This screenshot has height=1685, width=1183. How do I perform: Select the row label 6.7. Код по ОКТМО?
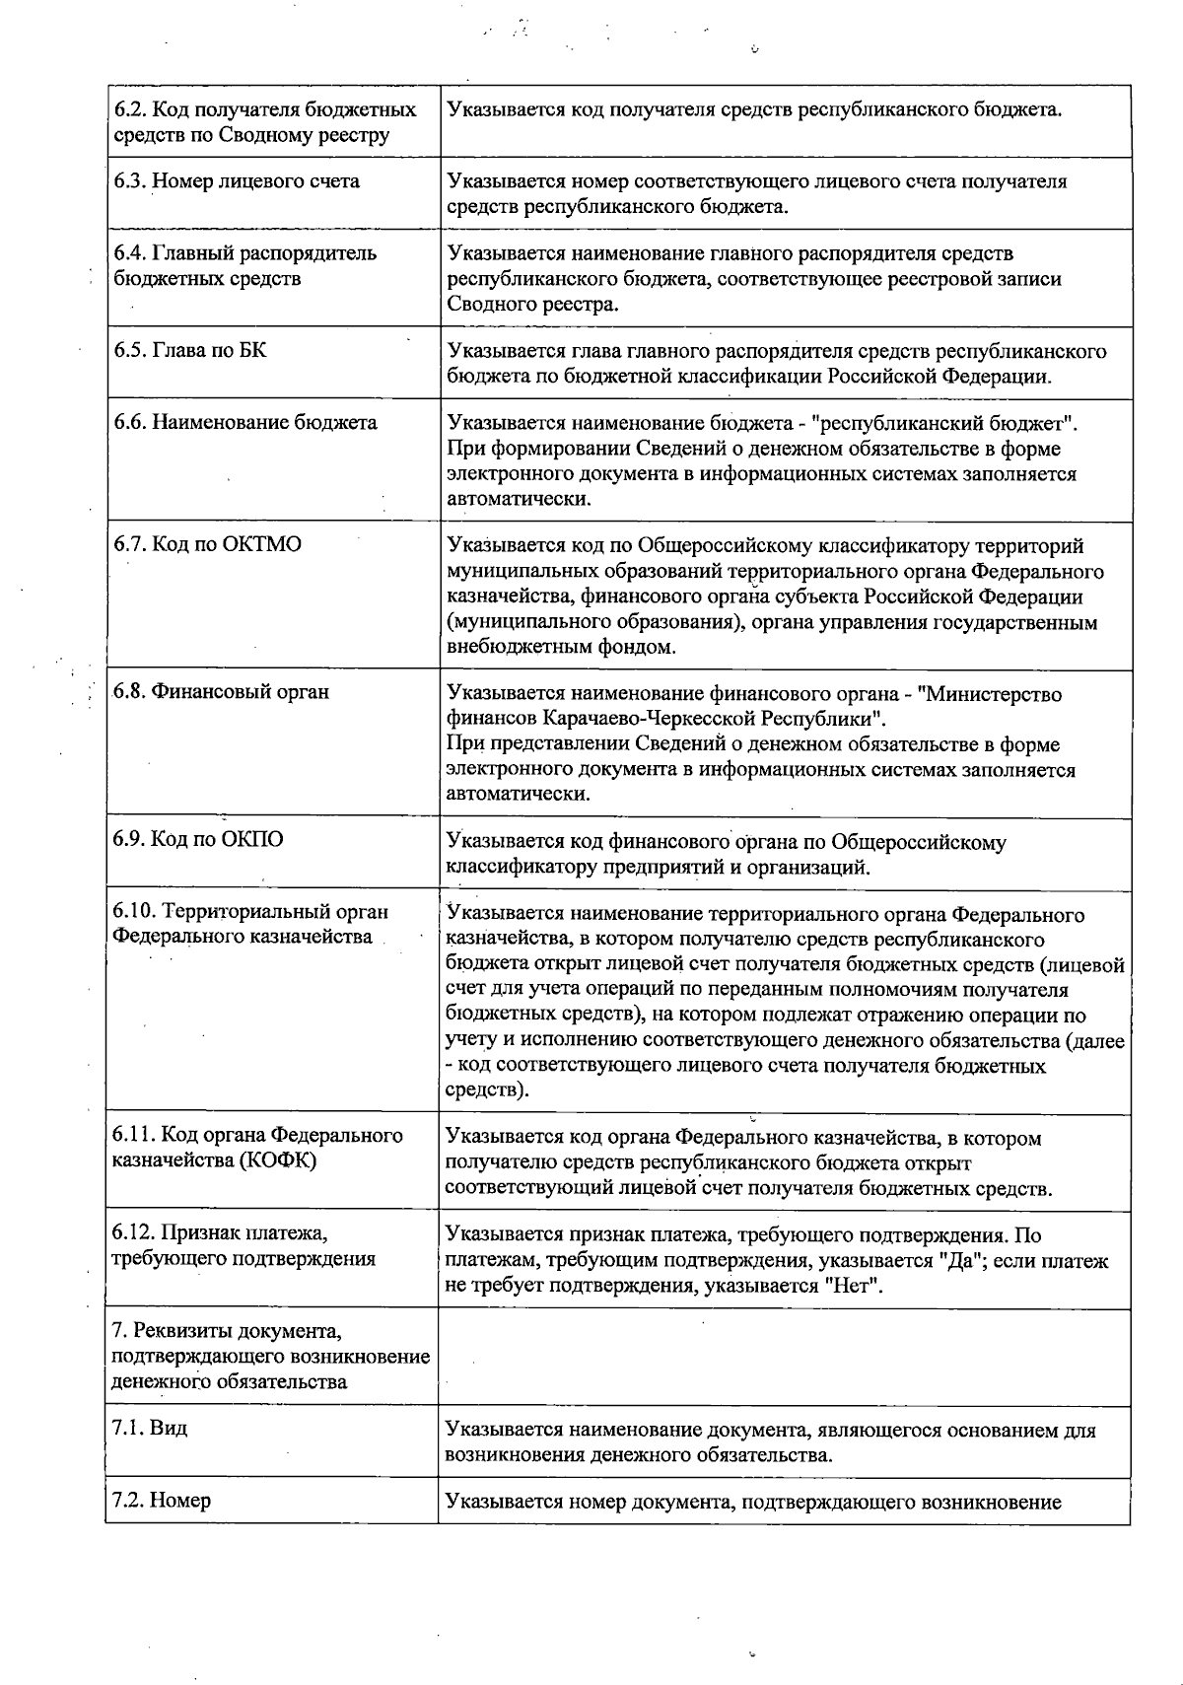click(x=207, y=545)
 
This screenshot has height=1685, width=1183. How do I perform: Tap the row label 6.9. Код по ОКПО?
click(x=198, y=840)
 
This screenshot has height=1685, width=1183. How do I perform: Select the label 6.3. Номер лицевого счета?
click(x=237, y=181)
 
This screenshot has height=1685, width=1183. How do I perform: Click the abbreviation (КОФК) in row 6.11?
click(x=277, y=1160)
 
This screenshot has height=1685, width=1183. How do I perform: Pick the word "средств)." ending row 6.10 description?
click(x=487, y=1091)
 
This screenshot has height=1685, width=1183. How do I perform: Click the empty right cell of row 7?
click(x=784, y=1357)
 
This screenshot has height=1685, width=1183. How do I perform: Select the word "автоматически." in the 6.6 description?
click(x=520, y=499)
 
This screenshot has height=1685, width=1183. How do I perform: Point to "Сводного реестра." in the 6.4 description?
click(x=532, y=304)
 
